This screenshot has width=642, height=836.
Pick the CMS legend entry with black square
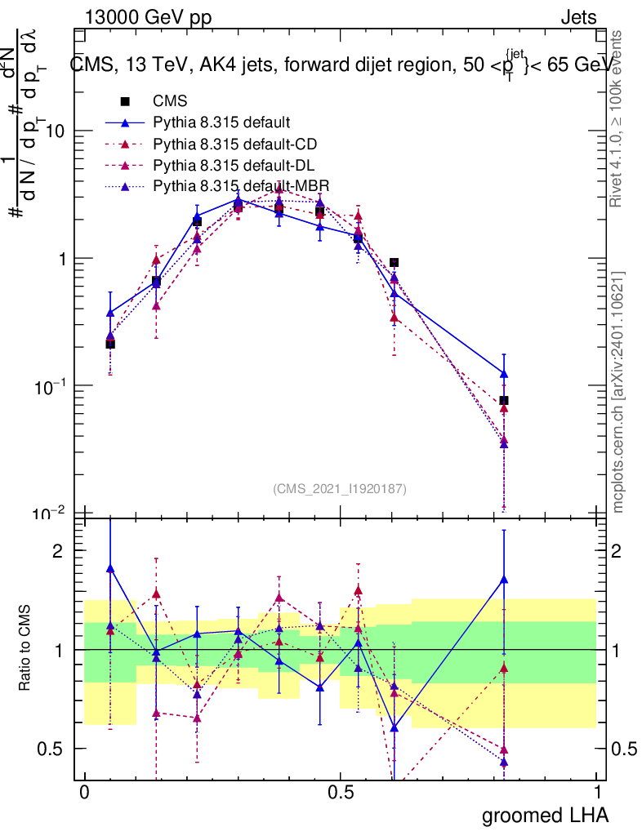pyautogui.click(x=170, y=102)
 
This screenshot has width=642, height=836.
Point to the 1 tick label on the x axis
pyautogui.click(x=597, y=793)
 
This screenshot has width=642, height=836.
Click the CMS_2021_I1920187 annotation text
pyautogui.click(x=340, y=489)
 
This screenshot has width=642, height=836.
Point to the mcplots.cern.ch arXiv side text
pyautogui.click(x=619, y=392)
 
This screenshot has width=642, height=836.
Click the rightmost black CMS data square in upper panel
pyautogui.click(x=504, y=400)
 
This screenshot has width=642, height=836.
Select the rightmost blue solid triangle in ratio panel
pyautogui.click(x=504, y=580)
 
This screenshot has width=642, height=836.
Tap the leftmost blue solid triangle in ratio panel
pyautogui.click(x=110, y=568)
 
